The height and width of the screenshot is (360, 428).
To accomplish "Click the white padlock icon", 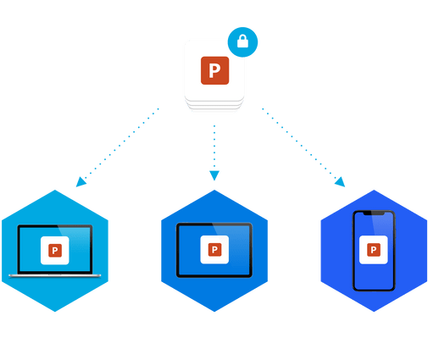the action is [242, 42].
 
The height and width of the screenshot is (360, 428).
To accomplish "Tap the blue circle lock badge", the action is [242, 42].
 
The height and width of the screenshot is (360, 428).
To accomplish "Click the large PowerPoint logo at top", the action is [214, 70].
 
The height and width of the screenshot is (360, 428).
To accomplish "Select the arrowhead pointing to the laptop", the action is [81, 182].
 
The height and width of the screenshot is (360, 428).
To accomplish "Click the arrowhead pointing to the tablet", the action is [214, 175].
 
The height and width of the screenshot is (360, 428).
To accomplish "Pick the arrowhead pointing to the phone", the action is [340, 182].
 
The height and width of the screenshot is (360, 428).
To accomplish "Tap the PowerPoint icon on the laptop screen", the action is [55, 251].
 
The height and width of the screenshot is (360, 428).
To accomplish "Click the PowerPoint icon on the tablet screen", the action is [214, 250].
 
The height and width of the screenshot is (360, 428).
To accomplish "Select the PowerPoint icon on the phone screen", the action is [374, 250].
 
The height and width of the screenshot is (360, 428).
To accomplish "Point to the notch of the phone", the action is [374, 213].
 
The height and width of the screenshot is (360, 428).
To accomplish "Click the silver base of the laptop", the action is [55, 275].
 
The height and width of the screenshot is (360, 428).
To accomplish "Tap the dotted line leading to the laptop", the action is [121, 143].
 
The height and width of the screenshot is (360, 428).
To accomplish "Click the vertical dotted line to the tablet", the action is [214, 147].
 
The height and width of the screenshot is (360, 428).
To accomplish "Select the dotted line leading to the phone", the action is [299, 143].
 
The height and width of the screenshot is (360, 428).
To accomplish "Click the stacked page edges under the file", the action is [214, 104].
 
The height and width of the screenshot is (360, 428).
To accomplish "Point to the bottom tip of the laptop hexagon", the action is [55, 312].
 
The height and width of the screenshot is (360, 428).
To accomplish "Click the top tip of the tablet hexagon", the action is [214, 190].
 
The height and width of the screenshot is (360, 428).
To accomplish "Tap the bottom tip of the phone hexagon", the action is [374, 312].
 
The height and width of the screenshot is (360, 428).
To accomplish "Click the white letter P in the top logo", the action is [214, 70].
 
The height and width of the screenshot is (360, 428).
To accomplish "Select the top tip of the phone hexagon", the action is [374, 190].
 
